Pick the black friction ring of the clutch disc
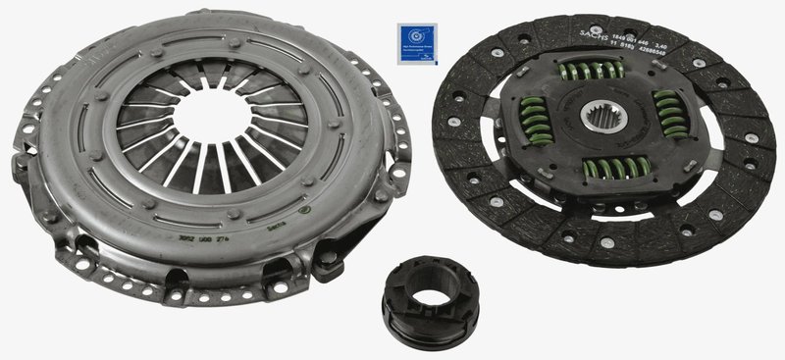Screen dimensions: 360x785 [x=491, y=196]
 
